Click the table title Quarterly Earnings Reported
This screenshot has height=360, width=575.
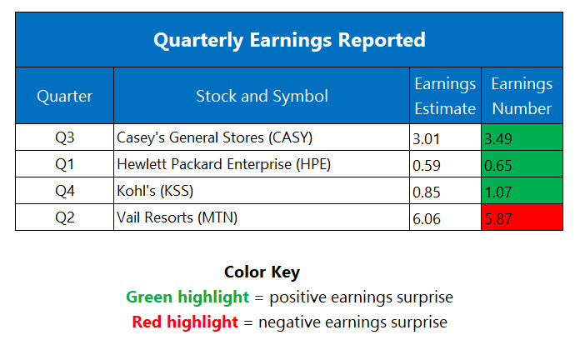288,40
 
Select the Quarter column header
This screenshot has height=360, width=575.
65,96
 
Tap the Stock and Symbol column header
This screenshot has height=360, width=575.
262,96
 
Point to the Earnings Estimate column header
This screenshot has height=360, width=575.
445,96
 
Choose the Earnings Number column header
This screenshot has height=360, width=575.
521,96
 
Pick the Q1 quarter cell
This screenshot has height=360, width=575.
65,164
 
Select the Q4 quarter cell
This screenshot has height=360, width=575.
65,191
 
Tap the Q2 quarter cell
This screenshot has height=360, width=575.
65,217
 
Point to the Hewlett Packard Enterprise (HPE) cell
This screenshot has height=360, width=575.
224,164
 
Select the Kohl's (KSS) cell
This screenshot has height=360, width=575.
156,191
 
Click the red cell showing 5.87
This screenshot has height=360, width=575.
521,217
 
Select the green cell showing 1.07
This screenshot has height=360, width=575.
521,191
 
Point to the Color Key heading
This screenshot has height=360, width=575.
262,272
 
